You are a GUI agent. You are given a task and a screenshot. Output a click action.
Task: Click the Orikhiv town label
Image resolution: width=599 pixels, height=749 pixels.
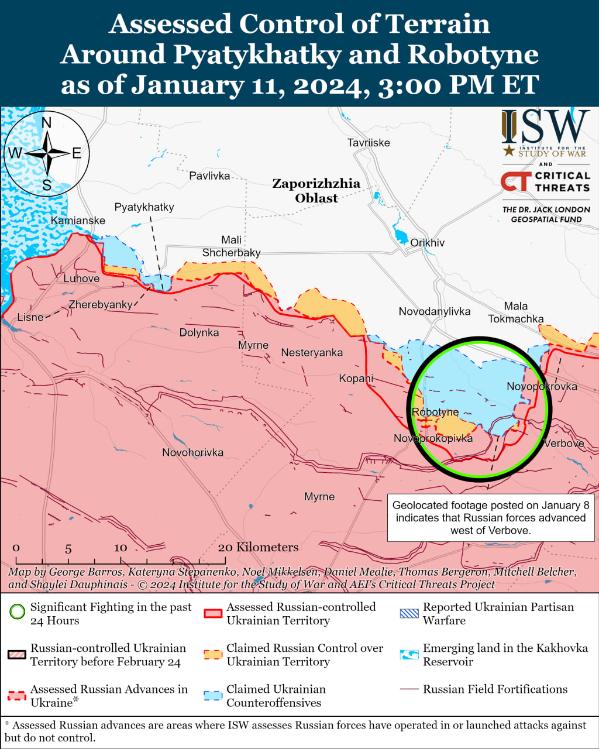[427, 243]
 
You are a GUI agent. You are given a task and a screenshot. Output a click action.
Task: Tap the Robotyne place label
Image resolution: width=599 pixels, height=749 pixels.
[435, 412]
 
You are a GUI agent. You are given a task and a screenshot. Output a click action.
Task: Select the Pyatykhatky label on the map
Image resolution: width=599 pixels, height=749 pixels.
[144, 207]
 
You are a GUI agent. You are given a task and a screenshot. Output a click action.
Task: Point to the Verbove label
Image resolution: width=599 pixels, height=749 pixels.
[564, 444]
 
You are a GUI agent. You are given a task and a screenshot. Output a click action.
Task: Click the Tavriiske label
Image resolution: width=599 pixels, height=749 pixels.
[369, 143]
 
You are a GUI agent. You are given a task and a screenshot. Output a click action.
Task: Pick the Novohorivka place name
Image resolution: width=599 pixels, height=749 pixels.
[192, 452]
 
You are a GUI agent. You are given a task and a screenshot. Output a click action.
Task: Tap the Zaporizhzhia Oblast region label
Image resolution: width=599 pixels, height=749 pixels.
[316, 191]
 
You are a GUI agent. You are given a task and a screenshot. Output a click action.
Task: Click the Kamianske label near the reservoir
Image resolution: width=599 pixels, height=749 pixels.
[78, 221]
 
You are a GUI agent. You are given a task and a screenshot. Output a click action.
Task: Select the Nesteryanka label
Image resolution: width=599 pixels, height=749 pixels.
[312, 353]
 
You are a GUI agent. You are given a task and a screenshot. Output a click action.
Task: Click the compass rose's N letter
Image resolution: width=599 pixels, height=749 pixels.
[47, 122]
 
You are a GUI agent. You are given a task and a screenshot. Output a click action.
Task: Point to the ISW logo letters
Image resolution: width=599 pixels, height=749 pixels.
[545, 127]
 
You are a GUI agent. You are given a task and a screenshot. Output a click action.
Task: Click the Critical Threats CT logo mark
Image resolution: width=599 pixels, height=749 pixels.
[515, 181]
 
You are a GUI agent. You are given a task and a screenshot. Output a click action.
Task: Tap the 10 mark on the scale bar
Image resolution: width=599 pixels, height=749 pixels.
[121, 548]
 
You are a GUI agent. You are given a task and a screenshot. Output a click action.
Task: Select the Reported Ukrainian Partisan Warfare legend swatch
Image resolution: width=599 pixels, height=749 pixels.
[409, 613]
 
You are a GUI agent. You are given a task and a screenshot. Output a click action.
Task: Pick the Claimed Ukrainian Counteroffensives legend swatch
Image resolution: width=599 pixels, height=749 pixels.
[213, 696]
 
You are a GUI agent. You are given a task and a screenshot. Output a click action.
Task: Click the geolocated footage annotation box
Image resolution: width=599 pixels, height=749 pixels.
[490, 518]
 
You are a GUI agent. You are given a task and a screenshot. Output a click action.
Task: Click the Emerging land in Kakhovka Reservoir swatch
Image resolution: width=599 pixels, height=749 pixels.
[409, 654]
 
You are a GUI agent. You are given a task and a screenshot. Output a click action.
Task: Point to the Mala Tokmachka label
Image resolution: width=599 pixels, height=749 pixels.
[516, 312]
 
